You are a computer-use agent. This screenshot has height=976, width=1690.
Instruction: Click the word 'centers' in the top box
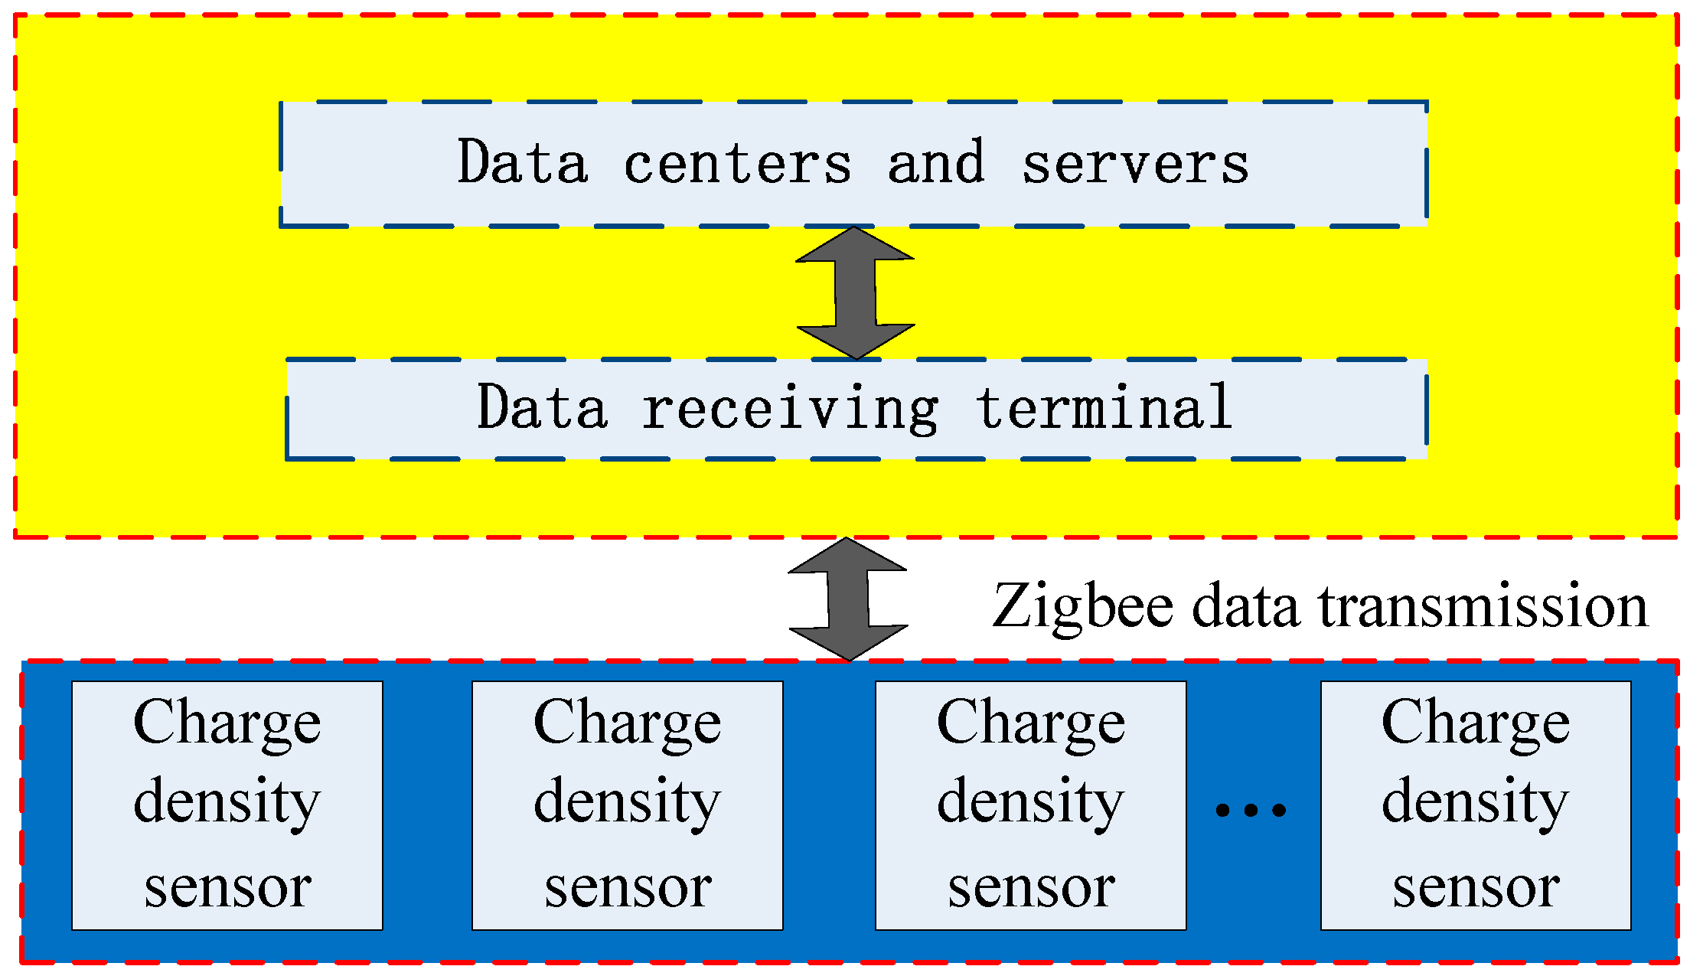pyautogui.click(x=737, y=164)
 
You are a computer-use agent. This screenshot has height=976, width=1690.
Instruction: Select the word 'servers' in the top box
pyautogui.click(x=1135, y=164)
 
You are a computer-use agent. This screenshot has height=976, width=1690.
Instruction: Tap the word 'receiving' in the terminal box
pyautogui.click(x=789, y=409)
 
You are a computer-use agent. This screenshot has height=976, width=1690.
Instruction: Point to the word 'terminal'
pyautogui.click(x=1104, y=407)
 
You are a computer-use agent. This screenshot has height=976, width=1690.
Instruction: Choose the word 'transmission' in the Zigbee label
pyautogui.click(x=1483, y=606)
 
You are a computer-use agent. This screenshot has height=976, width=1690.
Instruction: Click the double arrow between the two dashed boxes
pyautogui.click(x=855, y=293)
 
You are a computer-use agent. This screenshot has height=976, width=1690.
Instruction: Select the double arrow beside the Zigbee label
pyautogui.click(x=848, y=599)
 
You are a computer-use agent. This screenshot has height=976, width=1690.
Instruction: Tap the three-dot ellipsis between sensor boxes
pyautogui.click(x=1251, y=810)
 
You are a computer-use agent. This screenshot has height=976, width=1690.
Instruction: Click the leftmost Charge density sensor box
pyautogui.click(x=227, y=805)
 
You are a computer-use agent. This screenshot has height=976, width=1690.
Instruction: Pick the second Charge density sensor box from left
pyautogui.click(x=627, y=805)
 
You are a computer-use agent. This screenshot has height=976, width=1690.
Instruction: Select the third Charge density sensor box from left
pyautogui.click(x=1030, y=805)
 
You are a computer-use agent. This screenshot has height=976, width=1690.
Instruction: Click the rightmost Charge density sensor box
pyautogui.click(x=1475, y=805)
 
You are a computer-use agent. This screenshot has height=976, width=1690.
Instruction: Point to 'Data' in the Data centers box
pyautogui.click(x=523, y=162)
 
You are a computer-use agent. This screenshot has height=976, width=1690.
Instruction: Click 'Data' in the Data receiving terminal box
pyautogui.click(x=542, y=407)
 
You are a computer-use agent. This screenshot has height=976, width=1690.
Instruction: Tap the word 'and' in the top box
pyautogui.click(x=935, y=163)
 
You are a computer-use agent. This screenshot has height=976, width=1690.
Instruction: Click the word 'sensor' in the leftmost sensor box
pyautogui.click(x=227, y=888)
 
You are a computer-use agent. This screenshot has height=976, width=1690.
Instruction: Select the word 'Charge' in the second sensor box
pyautogui.click(x=627, y=723)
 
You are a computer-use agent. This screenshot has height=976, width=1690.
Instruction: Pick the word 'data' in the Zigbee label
pyautogui.click(x=1245, y=606)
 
